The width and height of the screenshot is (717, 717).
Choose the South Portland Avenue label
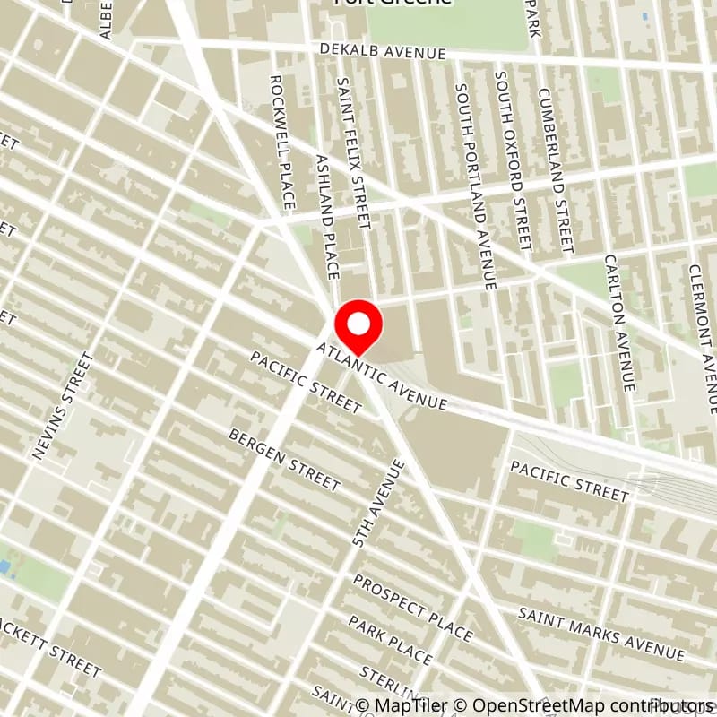pyautogui.click(x=475, y=186)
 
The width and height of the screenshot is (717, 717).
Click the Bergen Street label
pyautogui.click(x=285, y=459)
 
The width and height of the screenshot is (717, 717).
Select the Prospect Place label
pyautogui.click(x=411, y=608)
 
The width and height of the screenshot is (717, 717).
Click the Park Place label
pyautogui.click(x=390, y=640)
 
